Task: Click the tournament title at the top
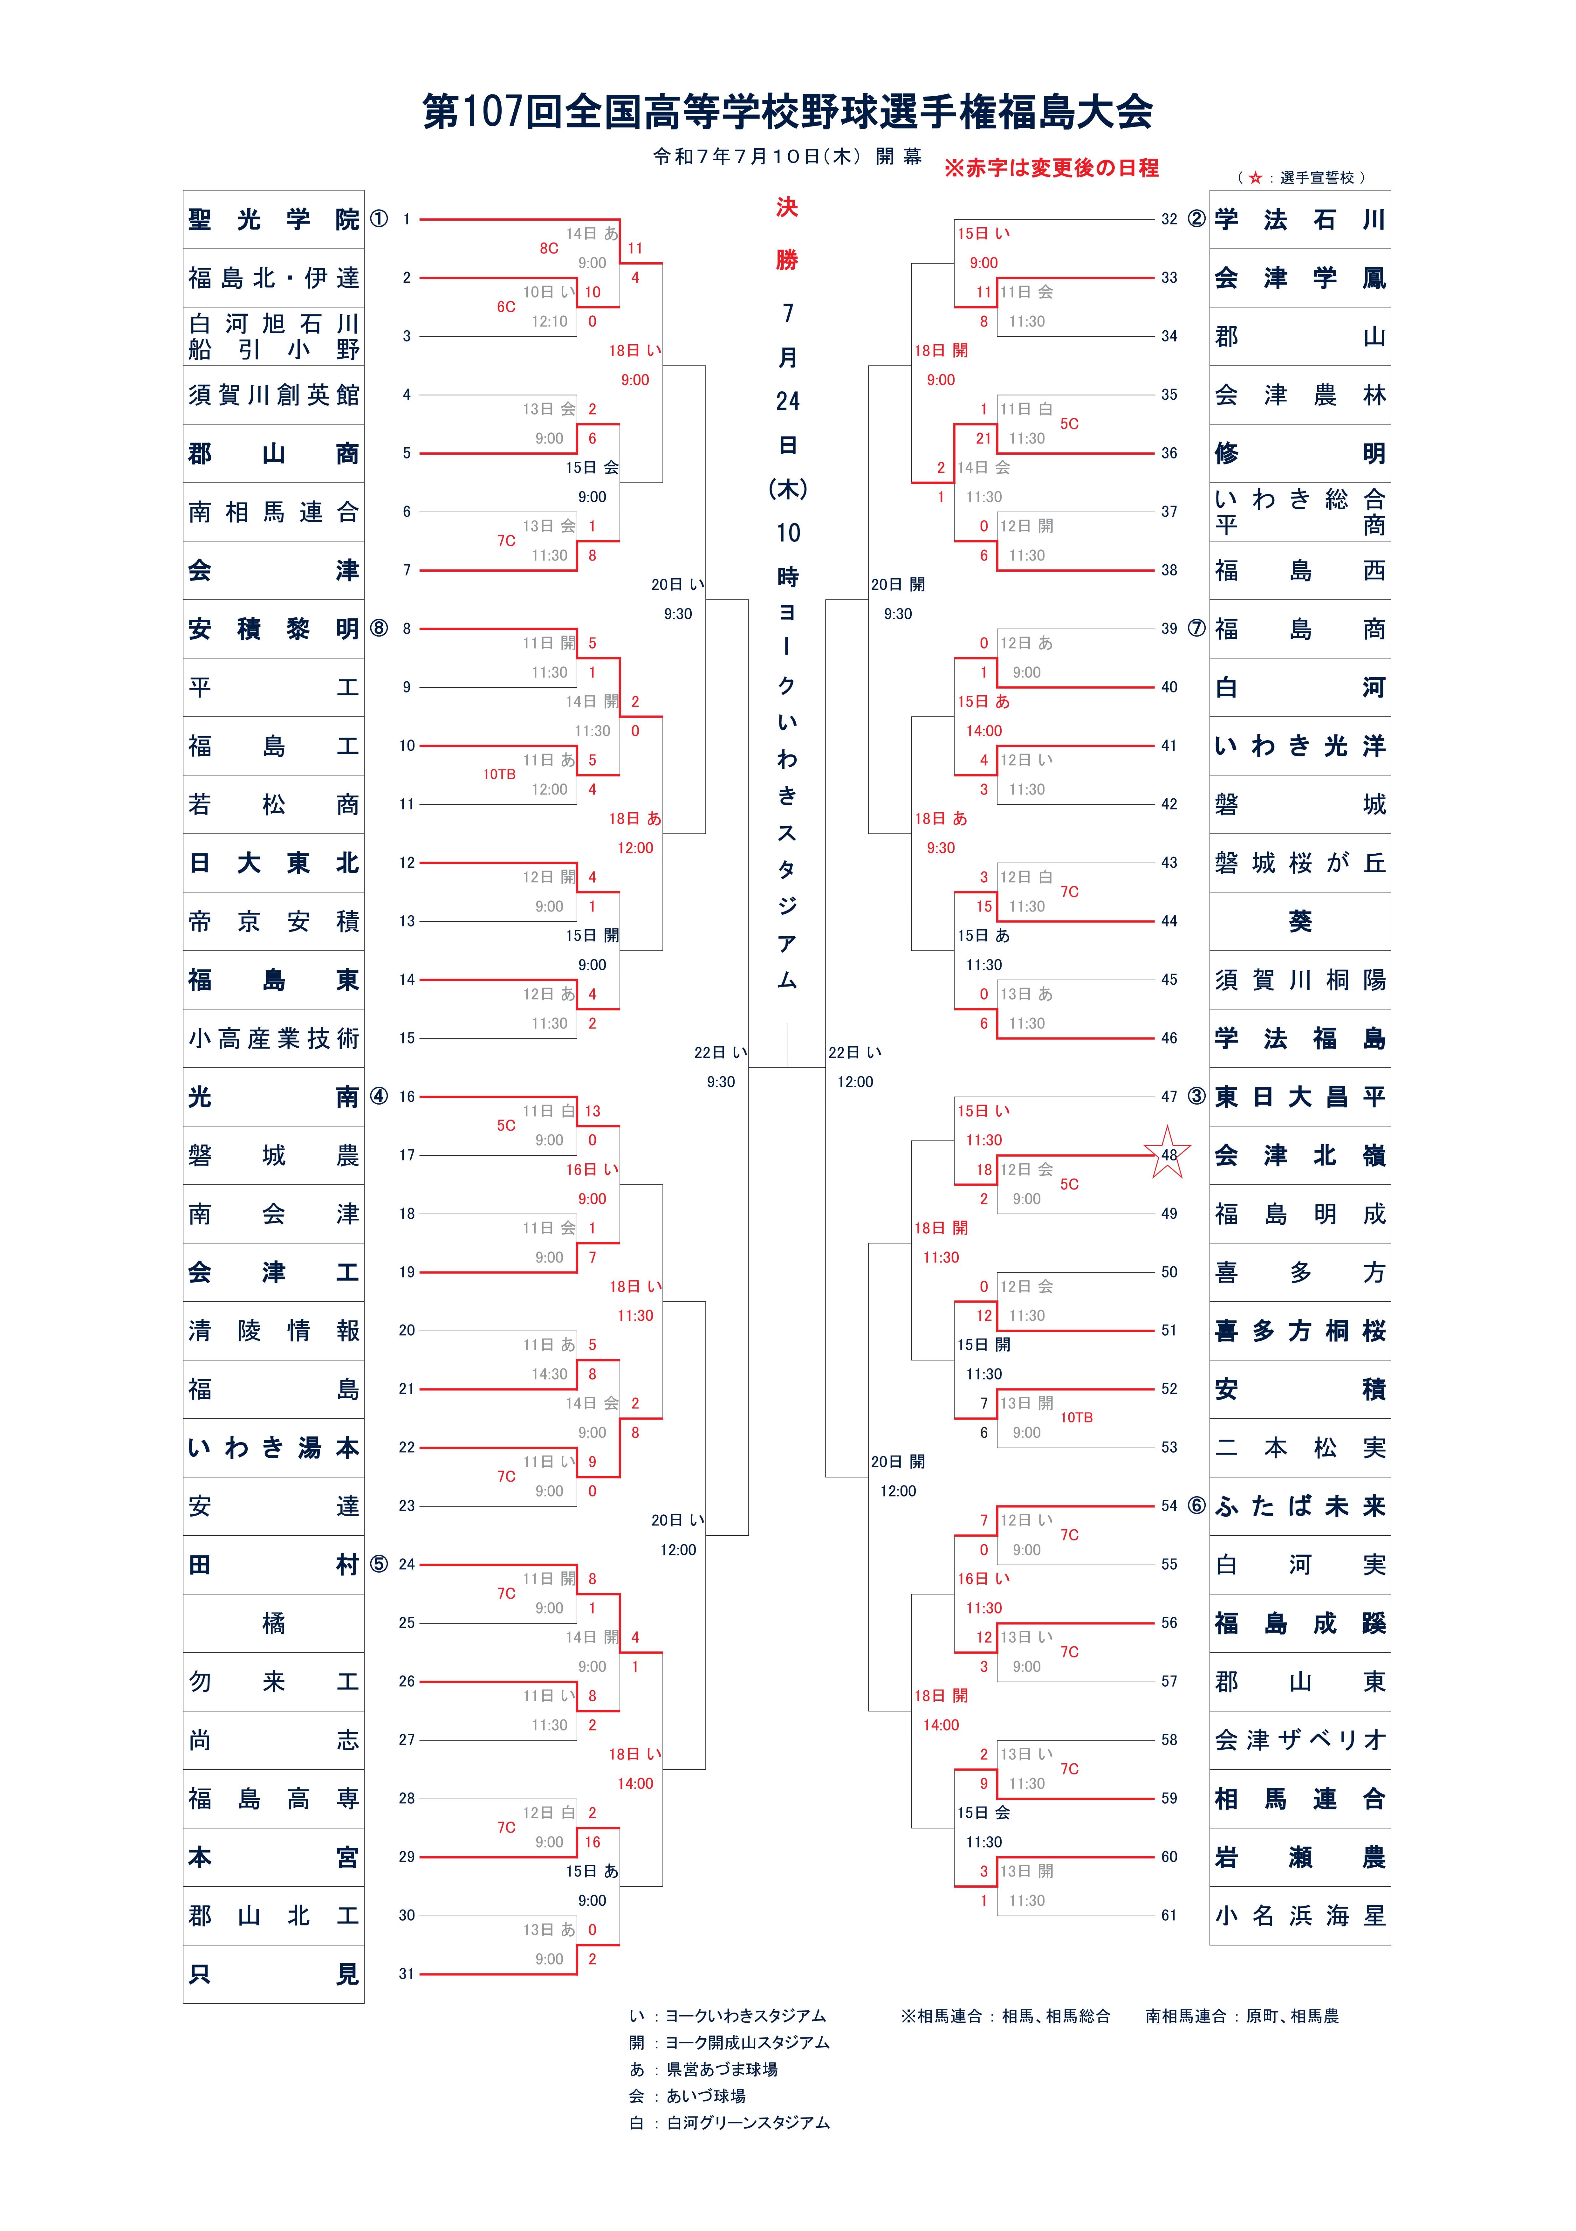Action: [x=787, y=112]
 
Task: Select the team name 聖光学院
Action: [x=274, y=220]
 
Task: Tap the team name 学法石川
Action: [x=1300, y=220]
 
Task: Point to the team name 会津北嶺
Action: [x=1300, y=1155]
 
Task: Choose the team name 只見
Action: [x=274, y=1974]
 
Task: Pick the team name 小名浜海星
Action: [x=1300, y=1915]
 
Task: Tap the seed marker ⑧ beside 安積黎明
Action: [x=379, y=629]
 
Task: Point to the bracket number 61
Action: [x=1169, y=1915]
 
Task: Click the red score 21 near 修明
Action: [x=983, y=438]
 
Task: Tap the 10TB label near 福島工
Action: [x=499, y=775]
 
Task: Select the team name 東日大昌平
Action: [x=1300, y=1097]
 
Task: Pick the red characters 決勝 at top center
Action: [x=787, y=233]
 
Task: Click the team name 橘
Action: [x=274, y=1623]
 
